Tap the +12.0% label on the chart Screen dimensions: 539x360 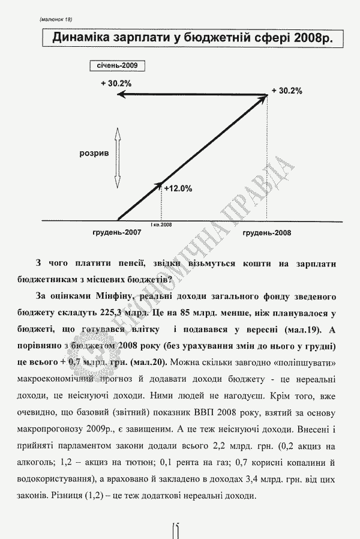click(178, 188)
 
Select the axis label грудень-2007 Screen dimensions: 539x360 click(117, 232)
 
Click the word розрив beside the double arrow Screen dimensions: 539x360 click(94, 154)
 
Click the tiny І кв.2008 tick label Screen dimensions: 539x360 click(161, 224)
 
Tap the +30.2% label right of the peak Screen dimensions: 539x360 click(286, 91)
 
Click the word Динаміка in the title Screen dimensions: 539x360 click(83, 39)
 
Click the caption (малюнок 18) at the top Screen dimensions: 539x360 click(56, 20)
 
